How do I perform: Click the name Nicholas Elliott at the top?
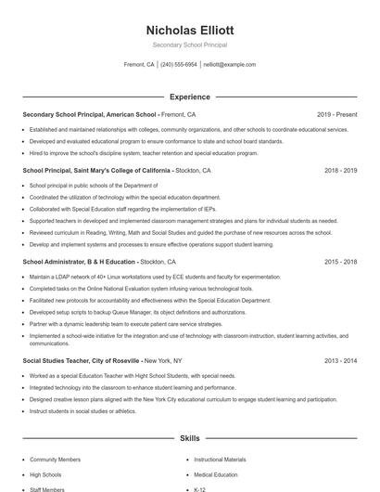[x=190, y=30]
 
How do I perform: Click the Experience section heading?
[x=190, y=97]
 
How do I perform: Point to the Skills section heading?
[x=190, y=437]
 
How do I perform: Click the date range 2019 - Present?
[x=337, y=114]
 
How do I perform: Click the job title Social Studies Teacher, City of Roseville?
[x=82, y=359]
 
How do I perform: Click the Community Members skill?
[x=55, y=460]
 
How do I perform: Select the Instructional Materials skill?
[x=220, y=460]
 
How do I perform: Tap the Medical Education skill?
[x=215, y=474]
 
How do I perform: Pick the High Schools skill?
[x=45, y=474]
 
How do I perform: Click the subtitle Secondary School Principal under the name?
[x=190, y=45]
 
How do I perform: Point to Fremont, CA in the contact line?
[x=138, y=65]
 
